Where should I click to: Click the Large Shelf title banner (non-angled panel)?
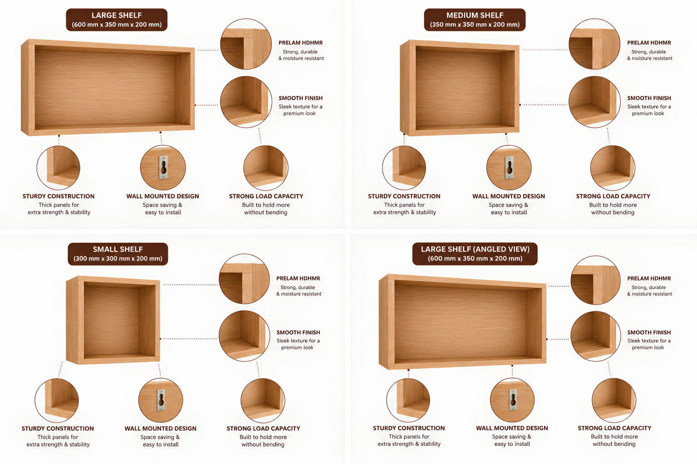pos(117,20)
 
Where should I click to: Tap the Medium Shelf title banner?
pos(475,20)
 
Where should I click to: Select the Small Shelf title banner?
pos(118,254)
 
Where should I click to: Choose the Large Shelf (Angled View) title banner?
pos(475,254)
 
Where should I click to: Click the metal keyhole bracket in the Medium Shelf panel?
pos(509,168)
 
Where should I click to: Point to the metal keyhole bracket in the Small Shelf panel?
pos(161,400)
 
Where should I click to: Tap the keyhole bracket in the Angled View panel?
pos(512,400)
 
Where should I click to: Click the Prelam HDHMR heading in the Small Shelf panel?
pos(298,279)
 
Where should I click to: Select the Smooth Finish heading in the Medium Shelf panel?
pos(649,98)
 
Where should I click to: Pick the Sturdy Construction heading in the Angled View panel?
pos(409,428)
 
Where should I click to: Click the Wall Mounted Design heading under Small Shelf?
pos(161,428)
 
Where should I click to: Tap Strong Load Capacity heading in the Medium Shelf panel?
pos(613,196)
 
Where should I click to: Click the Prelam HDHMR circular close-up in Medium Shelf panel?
pos(594,44)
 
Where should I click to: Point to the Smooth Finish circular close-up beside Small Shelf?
pos(244,336)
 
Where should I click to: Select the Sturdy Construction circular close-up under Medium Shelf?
pos(404,168)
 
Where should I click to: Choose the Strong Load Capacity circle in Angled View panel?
pos(614,400)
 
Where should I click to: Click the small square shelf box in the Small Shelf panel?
pos(113,320)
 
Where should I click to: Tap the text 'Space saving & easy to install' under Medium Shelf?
pos(509,208)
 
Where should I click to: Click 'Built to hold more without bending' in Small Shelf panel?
pos(263,441)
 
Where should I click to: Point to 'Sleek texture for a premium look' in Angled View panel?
pos(649,344)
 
